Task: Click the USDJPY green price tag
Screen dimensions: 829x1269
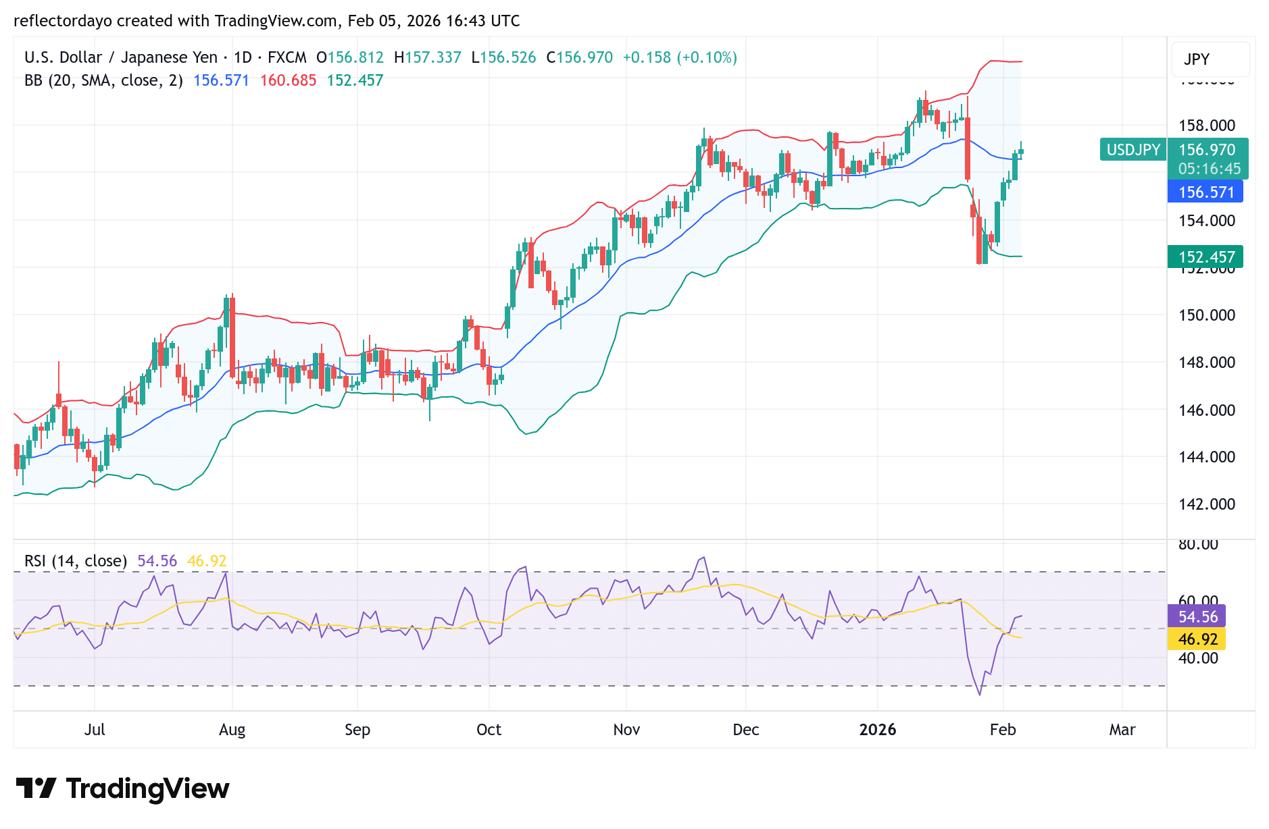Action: coord(1133,149)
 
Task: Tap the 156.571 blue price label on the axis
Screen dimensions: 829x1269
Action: coord(1205,192)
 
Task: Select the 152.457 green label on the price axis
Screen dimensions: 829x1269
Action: coord(1205,257)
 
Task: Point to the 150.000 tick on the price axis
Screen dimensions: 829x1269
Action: coord(1206,315)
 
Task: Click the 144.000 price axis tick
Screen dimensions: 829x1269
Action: coord(1206,457)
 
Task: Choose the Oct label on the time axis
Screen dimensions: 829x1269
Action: coord(489,730)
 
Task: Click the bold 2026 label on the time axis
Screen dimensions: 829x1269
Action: coord(877,730)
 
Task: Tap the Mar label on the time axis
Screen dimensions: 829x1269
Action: coord(1122,730)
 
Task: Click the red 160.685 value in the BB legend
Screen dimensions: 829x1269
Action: coord(288,80)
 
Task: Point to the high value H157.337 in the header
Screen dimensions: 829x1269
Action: coord(427,57)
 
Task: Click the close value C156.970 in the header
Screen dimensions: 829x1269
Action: coord(579,57)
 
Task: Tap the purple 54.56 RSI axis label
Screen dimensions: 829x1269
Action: coord(1197,616)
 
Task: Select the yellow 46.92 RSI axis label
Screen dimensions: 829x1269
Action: coord(1197,639)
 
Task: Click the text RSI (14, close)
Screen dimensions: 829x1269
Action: coord(76,561)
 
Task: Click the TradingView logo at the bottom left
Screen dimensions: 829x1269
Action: coord(122,788)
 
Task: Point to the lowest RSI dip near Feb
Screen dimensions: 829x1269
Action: coord(980,694)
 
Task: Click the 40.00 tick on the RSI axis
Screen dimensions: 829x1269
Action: coord(1197,658)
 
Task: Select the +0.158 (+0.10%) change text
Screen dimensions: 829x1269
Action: coord(679,57)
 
